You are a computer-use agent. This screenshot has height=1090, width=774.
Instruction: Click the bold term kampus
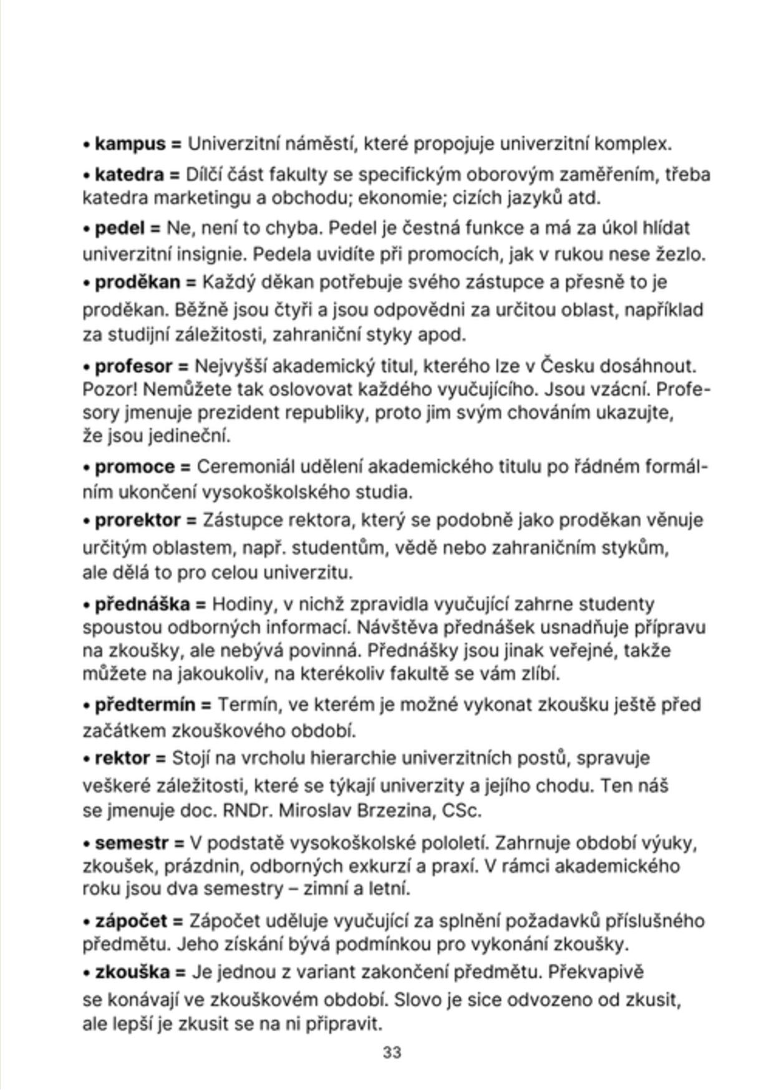point(130,145)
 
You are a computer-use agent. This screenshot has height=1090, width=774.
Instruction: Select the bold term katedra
point(128,175)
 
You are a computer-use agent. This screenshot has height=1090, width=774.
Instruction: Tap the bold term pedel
point(119,228)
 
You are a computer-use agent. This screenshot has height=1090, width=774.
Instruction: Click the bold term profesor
point(133,366)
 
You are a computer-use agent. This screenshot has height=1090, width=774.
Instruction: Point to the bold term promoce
point(135,467)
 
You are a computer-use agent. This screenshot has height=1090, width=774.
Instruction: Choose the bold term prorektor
point(137,520)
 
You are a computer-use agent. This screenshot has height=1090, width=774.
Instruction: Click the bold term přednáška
point(142,605)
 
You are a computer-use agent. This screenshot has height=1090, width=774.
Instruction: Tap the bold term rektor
point(122,759)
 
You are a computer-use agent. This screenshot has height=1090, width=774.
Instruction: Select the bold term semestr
point(132,844)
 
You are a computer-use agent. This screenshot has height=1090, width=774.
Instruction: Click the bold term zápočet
point(131,922)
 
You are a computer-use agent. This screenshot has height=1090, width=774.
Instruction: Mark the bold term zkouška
point(132,973)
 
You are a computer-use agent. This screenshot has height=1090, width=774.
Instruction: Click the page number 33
point(392,1053)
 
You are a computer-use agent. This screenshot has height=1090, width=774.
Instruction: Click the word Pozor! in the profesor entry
point(110,390)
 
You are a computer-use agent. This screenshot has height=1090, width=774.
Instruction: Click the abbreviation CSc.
point(462,811)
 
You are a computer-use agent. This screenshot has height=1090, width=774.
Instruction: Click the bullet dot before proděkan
point(87,284)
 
